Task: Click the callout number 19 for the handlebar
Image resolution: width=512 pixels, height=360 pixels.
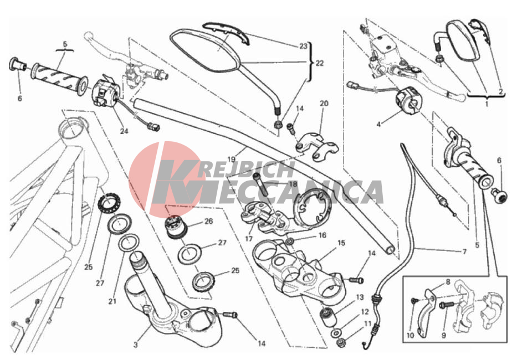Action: [x=231, y=160]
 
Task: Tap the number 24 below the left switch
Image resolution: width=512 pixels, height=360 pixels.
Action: [x=124, y=131]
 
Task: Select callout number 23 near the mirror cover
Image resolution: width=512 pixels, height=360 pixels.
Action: [x=303, y=46]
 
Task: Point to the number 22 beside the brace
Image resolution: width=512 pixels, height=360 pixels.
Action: [x=319, y=63]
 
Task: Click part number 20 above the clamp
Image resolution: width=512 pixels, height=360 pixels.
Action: [x=324, y=104]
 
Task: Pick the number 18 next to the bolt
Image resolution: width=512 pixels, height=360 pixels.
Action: [x=293, y=184]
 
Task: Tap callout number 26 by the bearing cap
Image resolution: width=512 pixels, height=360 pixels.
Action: [x=209, y=222]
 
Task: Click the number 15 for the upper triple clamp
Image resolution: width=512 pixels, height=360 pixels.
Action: [x=341, y=243]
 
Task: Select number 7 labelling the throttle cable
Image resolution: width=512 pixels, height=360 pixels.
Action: [x=464, y=251]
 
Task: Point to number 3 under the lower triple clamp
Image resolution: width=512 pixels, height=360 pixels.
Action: [x=136, y=344]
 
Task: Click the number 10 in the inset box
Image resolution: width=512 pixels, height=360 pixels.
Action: [x=410, y=336]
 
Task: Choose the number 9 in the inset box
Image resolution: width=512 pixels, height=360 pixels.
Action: [x=443, y=335]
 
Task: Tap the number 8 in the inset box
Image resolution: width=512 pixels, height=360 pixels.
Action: [x=448, y=282]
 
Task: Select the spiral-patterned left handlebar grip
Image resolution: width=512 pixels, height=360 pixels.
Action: [x=59, y=78]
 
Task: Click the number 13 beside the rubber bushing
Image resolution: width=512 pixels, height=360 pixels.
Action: [x=360, y=297]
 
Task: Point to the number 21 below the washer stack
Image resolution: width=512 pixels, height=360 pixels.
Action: [x=112, y=301]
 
